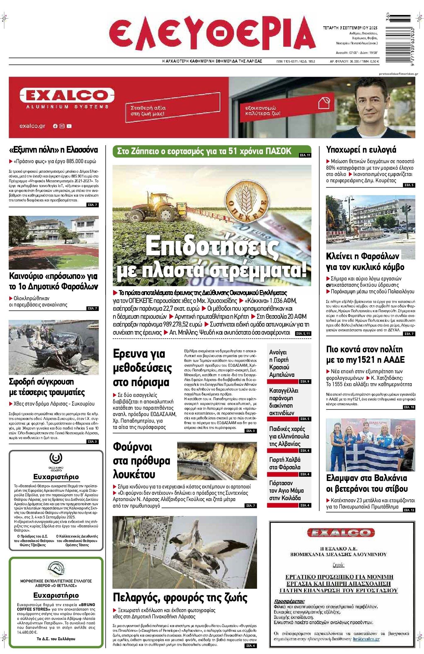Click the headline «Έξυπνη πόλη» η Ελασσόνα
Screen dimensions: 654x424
pyautogui.click(x=53, y=149)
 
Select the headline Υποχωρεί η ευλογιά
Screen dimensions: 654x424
pyautogui.click(x=361, y=149)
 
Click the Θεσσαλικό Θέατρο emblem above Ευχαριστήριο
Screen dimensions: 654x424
pyautogui.click(x=56, y=458)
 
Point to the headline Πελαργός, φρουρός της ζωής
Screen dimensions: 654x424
pyautogui.click(x=180, y=597)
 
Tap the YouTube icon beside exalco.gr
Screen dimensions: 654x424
pyautogui.click(x=69, y=126)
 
